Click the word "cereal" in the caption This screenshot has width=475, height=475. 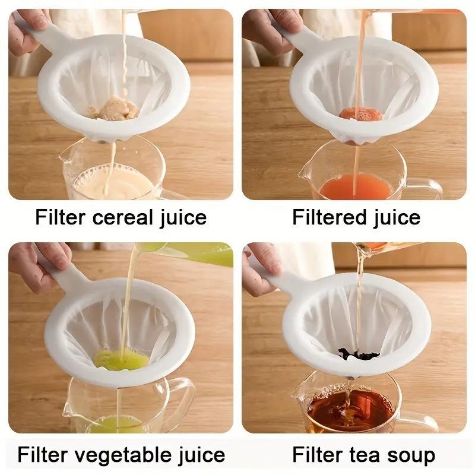tap(119, 217)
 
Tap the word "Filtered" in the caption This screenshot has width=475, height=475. tap(330, 217)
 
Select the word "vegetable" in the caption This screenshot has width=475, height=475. tap(124, 455)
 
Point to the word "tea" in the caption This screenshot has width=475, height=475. tap(366, 455)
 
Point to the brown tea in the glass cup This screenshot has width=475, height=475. tap(350, 410)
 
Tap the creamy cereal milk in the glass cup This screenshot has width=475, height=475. tap(113, 183)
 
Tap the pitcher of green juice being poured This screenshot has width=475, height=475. tap(196, 254)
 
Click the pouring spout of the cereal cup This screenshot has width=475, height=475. tap(65, 158)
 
